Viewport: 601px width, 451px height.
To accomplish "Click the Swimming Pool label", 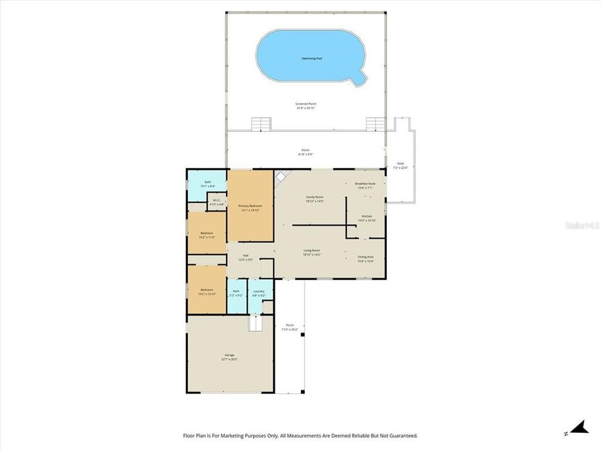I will pos(311,58).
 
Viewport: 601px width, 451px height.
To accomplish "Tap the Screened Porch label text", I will pos(306,104).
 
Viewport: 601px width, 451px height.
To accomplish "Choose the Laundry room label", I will pos(259,291).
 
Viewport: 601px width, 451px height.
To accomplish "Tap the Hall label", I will pos(245,256).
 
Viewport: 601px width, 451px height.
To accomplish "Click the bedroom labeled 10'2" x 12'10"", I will pos(207,290).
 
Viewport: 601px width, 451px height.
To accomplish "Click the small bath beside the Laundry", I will pos(236,291).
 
